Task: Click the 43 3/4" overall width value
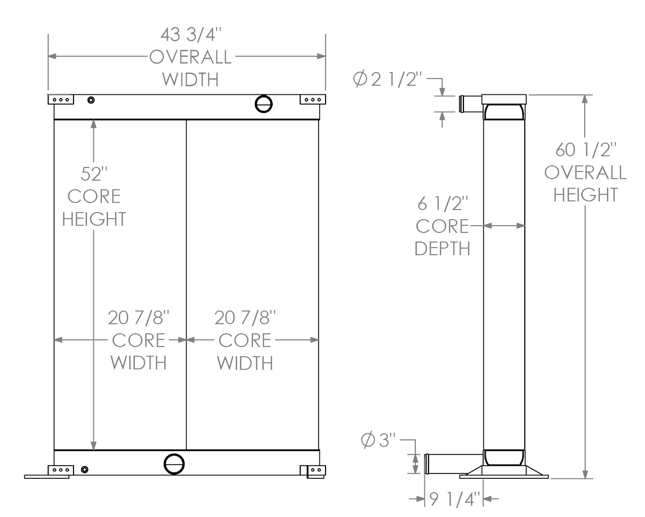pyautogui.click(x=191, y=35)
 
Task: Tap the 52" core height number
pyautogui.click(x=93, y=174)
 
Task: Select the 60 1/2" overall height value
pyautogui.click(x=586, y=150)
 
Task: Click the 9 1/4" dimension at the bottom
pyautogui.click(x=454, y=500)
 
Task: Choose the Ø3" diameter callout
pyautogui.click(x=378, y=440)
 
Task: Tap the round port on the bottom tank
pyautogui.click(x=174, y=463)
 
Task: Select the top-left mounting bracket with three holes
pyautogui.click(x=61, y=99)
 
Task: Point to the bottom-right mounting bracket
pyautogui.click(x=313, y=471)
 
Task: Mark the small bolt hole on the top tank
pyautogui.click(x=91, y=99)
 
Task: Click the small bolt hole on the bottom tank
pyautogui.click(x=84, y=469)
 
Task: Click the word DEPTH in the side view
pyautogui.click(x=442, y=249)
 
